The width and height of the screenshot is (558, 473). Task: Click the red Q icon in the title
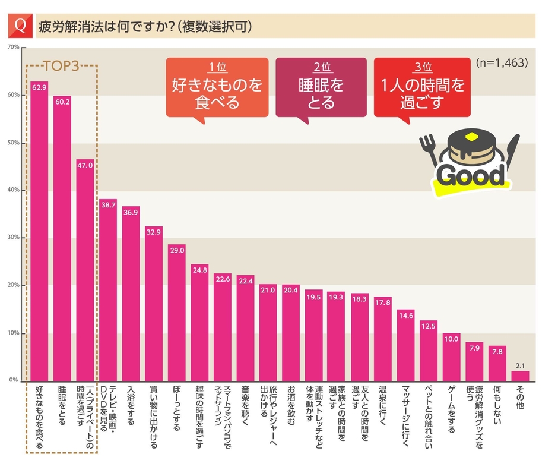point(21,26)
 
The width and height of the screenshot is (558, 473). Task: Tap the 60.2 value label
point(62,102)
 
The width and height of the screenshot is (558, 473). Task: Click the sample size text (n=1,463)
point(502,62)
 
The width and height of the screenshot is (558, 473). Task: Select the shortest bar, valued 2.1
point(520,376)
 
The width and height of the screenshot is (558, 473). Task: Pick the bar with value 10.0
point(452,357)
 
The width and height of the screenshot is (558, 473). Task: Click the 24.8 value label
point(199,269)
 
